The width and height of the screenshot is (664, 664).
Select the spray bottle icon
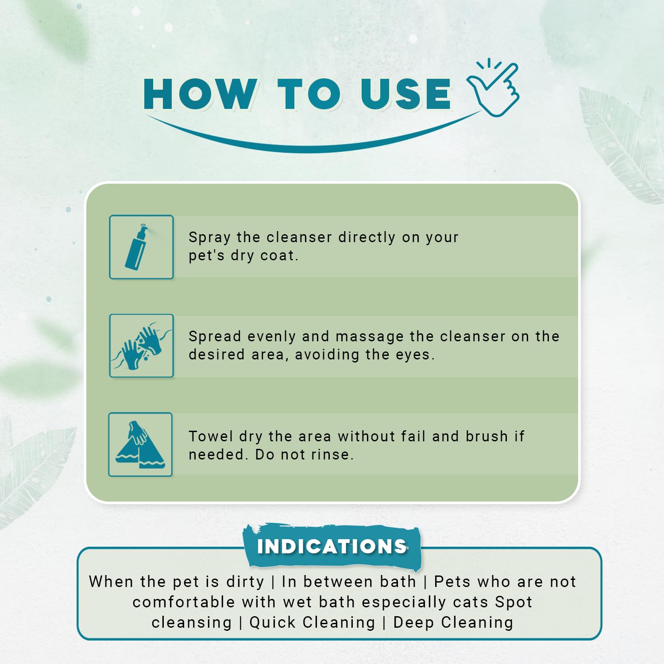coord(141,247)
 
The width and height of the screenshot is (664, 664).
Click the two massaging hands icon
coord(141,346)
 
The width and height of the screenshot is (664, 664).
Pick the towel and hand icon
coord(140,444)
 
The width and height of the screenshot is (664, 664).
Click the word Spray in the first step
coord(209,238)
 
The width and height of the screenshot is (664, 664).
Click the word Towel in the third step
coord(211,436)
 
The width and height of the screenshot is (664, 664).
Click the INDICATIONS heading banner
coord(332,547)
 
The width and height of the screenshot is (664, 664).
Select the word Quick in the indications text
coord(273,623)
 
